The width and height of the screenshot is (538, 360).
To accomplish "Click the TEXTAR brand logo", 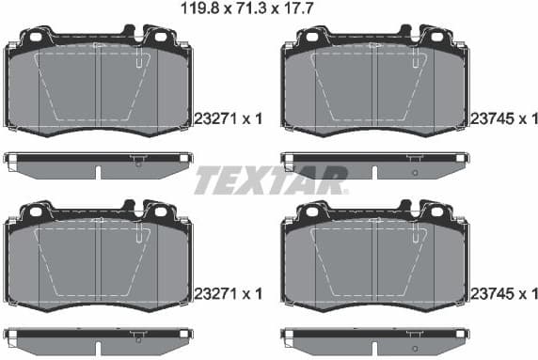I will (270, 180).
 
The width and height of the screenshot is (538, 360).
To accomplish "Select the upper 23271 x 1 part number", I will (227, 118).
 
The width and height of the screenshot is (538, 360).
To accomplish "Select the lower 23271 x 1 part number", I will (227, 294).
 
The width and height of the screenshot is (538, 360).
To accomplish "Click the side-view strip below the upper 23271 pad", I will (97, 164).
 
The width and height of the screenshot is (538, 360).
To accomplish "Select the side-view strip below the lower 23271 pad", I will (97, 339).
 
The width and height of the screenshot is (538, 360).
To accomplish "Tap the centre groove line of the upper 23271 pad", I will (98, 94).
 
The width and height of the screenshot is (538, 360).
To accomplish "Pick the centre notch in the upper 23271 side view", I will (98, 173).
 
